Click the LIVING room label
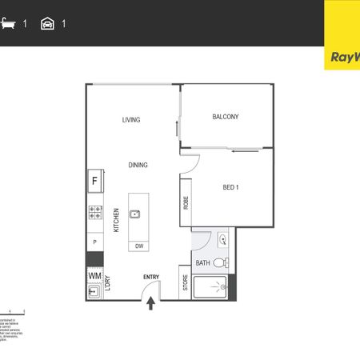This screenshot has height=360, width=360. tap(131, 120)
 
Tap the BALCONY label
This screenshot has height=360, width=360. tap(226, 117)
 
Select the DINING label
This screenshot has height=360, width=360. tap(138, 165)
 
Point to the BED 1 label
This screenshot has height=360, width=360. tap(231, 187)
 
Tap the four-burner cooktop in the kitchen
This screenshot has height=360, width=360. tap(94, 213)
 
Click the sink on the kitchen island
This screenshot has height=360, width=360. tap(135, 214)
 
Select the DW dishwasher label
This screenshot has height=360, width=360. tap(139, 246)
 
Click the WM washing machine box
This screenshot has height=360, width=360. tap(94, 275)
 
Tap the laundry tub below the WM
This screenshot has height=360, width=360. tap(94, 292)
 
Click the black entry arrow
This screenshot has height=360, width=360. tap(151, 302)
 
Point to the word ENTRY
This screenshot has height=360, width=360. tap(151, 278)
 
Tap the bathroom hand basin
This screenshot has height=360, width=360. tap(223, 238)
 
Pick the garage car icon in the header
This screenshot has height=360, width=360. tap(47, 24)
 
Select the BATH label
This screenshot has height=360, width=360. tap(202, 262)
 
